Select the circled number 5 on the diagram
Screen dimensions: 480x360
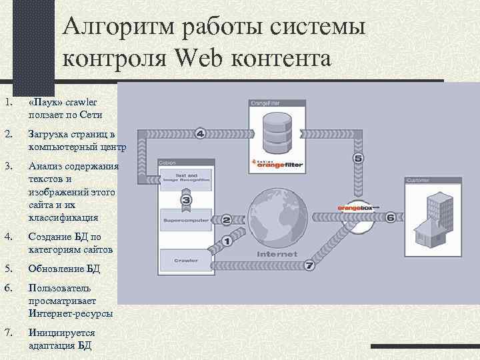coord(359,159)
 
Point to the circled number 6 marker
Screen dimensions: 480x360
coord(390,217)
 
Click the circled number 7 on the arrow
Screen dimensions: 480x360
coord(309,265)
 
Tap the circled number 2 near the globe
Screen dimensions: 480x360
coord(227,219)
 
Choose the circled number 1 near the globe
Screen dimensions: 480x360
coord(227,241)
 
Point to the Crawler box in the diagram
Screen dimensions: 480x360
coord(185,259)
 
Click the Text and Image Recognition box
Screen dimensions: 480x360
coord(185,177)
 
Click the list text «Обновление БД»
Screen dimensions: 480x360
coord(64,269)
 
